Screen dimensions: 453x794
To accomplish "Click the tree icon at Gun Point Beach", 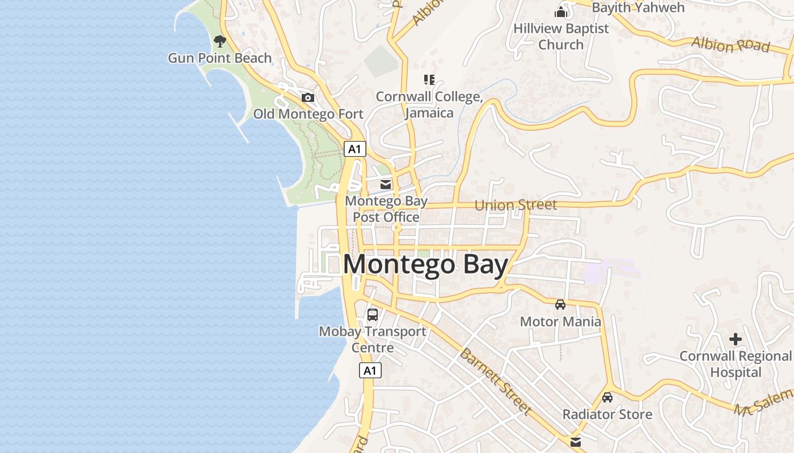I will click(x=220, y=41).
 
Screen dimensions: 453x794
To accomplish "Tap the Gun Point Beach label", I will click(x=220, y=58).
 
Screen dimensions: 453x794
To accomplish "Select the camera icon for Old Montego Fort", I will click(x=308, y=97).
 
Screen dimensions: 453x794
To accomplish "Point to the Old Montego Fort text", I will click(x=308, y=114).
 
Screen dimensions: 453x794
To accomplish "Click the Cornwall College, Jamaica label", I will click(x=429, y=105).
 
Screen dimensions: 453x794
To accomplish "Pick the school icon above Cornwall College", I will click(x=429, y=80).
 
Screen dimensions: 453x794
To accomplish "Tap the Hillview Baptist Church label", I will click(x=561, y=36).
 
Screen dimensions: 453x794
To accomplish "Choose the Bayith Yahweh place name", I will click(x=638, y=7).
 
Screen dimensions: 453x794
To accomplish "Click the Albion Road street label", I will click(x=730, y=44).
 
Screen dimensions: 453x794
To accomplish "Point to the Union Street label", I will click(x=516, y=205).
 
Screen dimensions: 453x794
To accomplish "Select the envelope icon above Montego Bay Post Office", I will click(x=386, y=184).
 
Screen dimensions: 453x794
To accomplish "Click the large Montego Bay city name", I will click(x=425, y=265).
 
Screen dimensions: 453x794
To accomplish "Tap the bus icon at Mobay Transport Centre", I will click(x=373, y=315).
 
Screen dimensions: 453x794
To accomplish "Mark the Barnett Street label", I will click(x=495, y=382).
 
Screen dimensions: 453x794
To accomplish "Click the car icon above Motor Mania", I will click(x=560, y=305).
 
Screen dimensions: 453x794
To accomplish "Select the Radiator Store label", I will click(x=607, y=414).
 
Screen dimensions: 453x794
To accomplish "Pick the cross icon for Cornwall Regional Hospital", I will click(x=736, y=339).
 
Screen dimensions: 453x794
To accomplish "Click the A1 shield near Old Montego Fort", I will click(x=354, y=149).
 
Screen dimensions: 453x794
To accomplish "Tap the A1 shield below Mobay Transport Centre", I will click(x=370, y=371).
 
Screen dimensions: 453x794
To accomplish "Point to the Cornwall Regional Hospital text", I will click(x=736, y=364).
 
